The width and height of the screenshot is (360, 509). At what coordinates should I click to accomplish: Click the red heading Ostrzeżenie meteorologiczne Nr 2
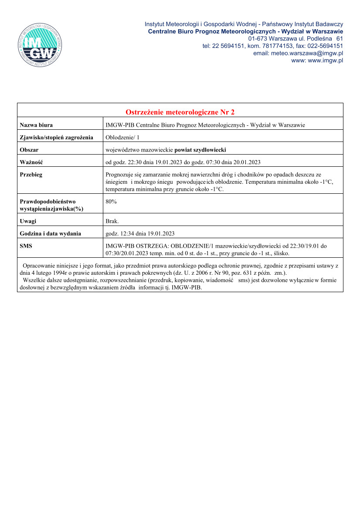pyautogui.click(x=180, y=112)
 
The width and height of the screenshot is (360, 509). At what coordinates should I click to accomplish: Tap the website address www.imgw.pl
pyautogui.click(x=325, y=61)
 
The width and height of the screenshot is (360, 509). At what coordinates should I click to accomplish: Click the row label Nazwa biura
pyautogui.click(x=36, y=125)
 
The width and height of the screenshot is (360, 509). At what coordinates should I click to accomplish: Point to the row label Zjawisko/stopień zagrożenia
pyautogui.click(x=56, y=138)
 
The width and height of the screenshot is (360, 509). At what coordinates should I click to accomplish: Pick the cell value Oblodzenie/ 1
pyautogui.click(x=122, y=138)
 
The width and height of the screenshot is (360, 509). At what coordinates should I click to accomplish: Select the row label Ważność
pyautogui.click(x=31, y=162)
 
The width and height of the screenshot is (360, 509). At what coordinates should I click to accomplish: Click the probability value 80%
pyautogui.click(x=111, y=202)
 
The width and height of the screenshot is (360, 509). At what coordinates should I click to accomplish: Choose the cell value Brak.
pyautogui.click(x=112, y=221)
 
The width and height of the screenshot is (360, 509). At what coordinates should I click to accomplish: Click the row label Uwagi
pyautogui.click(x=28, y=221)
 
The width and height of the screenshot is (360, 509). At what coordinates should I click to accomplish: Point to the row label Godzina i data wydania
pyautogui.click(x=50, y=233)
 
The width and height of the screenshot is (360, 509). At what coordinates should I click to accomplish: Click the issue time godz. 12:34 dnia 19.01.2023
pyautogui.click(x=140, y=233)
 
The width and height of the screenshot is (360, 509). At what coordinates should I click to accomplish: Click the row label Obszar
pyautogui.click(x=29, y=150)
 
